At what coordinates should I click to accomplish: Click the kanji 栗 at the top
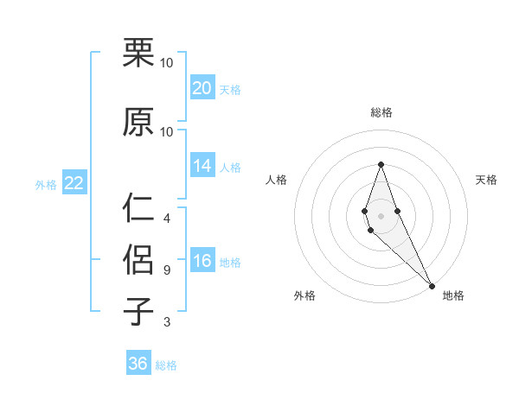(139, 54)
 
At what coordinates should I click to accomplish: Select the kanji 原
(139, 122)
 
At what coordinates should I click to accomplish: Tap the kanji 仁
(139, 208)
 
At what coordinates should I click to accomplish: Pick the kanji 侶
(139, 260)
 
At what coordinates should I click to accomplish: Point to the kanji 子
(139, 312)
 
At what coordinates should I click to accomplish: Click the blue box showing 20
(202, 88)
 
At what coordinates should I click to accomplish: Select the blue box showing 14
(202, 166)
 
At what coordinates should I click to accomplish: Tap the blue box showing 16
(202, 261)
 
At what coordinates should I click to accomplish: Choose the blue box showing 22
(74, 183)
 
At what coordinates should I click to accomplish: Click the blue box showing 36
(138, 364)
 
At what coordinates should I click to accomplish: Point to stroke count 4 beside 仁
(166, 219)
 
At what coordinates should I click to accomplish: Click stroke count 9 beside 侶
(166, 270)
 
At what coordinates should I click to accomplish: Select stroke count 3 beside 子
(166, 322)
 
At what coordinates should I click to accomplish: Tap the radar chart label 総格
(381, 112)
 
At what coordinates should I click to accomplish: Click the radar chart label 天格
(487, 180)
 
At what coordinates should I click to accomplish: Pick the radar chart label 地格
(453, 295)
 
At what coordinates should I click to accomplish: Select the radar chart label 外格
(304, 295)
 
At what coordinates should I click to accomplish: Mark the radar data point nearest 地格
(432, 285)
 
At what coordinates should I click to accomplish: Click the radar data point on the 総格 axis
(381, 165)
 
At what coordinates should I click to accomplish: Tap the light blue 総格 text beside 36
(166, 365)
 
